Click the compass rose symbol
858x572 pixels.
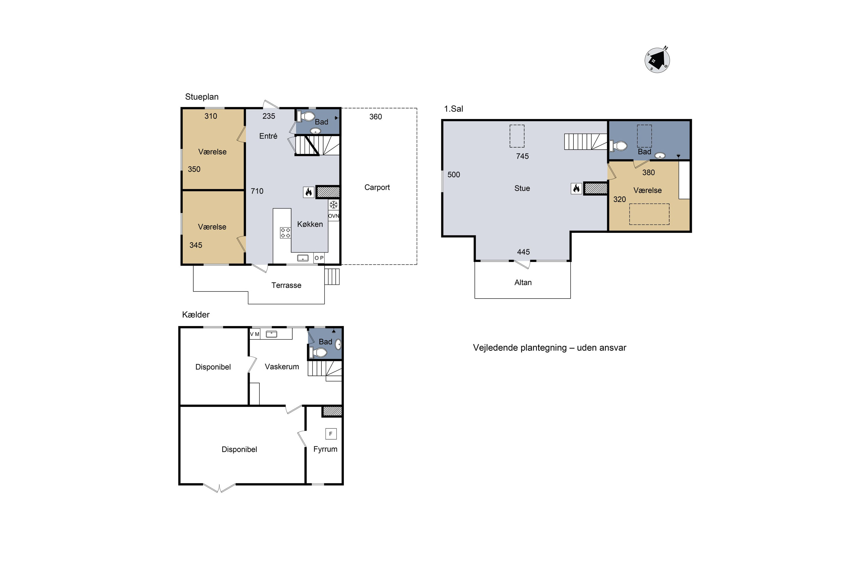click(x=657, y=60)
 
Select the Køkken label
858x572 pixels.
click(x=310, y=224)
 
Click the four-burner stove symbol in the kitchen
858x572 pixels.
click(x=285, y=233)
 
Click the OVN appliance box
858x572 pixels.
click(x=333, y=216)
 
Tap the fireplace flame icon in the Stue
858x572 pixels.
click(x=576, y=188)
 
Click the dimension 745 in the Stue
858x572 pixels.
click(x=523, y=156)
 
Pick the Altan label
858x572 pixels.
click(x=523, y=282)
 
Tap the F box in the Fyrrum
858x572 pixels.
click(x=331, y=434)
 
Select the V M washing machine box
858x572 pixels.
click(x=255, y=334)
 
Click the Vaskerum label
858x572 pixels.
click(x=282, y=367)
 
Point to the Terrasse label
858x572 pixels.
click(x=286, y=285)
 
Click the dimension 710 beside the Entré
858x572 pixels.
click(x=257, y=191)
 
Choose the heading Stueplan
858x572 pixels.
click(x=202, y=97)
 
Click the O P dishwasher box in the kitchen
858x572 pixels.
click(x=319, y=258)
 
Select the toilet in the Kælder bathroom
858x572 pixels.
click(x=318, y=353)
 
